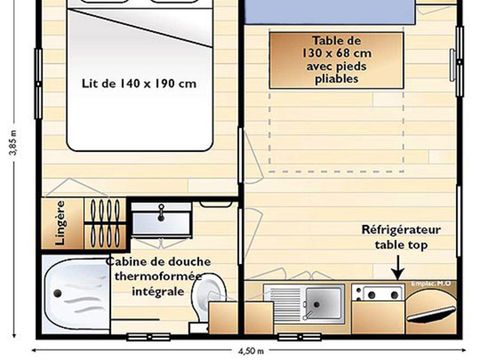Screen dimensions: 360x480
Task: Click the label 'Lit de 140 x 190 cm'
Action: pyautogui.click(x=137, y=84)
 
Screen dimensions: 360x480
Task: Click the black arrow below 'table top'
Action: pyautogui.click(x=396, y=268)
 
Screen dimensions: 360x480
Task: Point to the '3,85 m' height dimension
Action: pyautogui.click(x=11, y=150)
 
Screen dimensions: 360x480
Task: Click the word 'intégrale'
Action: pyautogui.click(x=157, y=292)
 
